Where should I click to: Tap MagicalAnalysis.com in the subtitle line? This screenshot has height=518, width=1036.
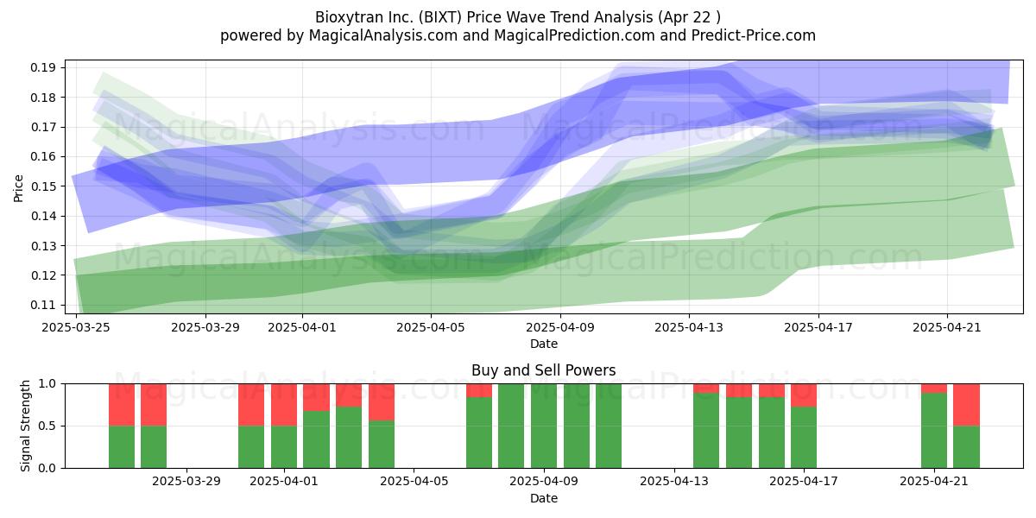click(x=383, y=35)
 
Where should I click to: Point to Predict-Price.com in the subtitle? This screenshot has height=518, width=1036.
click(x=754, y=35)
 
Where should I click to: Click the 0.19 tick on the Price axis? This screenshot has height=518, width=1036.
click(x=42, y=68)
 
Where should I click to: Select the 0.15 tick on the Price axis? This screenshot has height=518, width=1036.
click(x=42, y=186)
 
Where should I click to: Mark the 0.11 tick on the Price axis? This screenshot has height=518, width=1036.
click(x=42, y=305)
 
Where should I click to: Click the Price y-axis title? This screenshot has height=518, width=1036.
click(x=18, y=188)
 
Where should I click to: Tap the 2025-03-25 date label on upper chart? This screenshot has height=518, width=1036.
click(x=76, y=327)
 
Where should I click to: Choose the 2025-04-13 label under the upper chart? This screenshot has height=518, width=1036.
click(x=689, y=327)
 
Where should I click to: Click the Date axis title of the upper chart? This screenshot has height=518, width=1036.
click(x=544, y=344)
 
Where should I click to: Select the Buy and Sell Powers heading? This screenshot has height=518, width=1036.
click(x=544, y=370)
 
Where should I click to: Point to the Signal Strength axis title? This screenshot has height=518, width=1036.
click(x=25, y=426)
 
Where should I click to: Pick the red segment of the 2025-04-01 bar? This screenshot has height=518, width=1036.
click(x=284, y=405)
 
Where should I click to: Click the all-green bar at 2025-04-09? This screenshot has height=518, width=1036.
click(x=544, y=426)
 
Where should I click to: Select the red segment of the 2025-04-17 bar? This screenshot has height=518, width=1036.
click(x=804, y=395)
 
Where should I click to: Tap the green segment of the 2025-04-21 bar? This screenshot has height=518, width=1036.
click(x=934, y=431)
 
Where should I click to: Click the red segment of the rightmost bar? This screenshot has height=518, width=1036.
click(x=967, y=405)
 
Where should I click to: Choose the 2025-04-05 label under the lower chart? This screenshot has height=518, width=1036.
click(x=414, y=482)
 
